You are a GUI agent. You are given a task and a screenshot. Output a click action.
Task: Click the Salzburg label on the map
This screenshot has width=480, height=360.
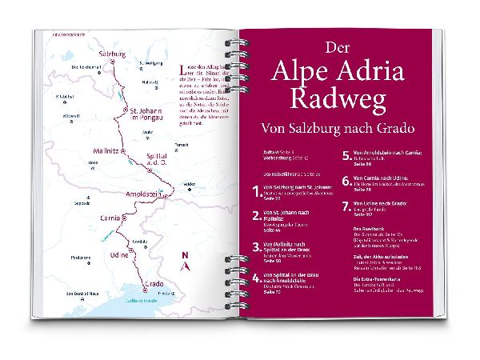coord(112,54)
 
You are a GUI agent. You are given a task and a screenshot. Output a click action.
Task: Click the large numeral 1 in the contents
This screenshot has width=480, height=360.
coord(255,192)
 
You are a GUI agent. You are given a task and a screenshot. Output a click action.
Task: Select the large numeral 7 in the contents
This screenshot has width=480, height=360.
coord(346,210)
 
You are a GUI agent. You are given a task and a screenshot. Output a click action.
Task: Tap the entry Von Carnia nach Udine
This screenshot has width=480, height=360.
coord(382,178)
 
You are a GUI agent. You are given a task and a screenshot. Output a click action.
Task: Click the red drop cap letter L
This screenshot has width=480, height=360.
coord(184,69)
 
